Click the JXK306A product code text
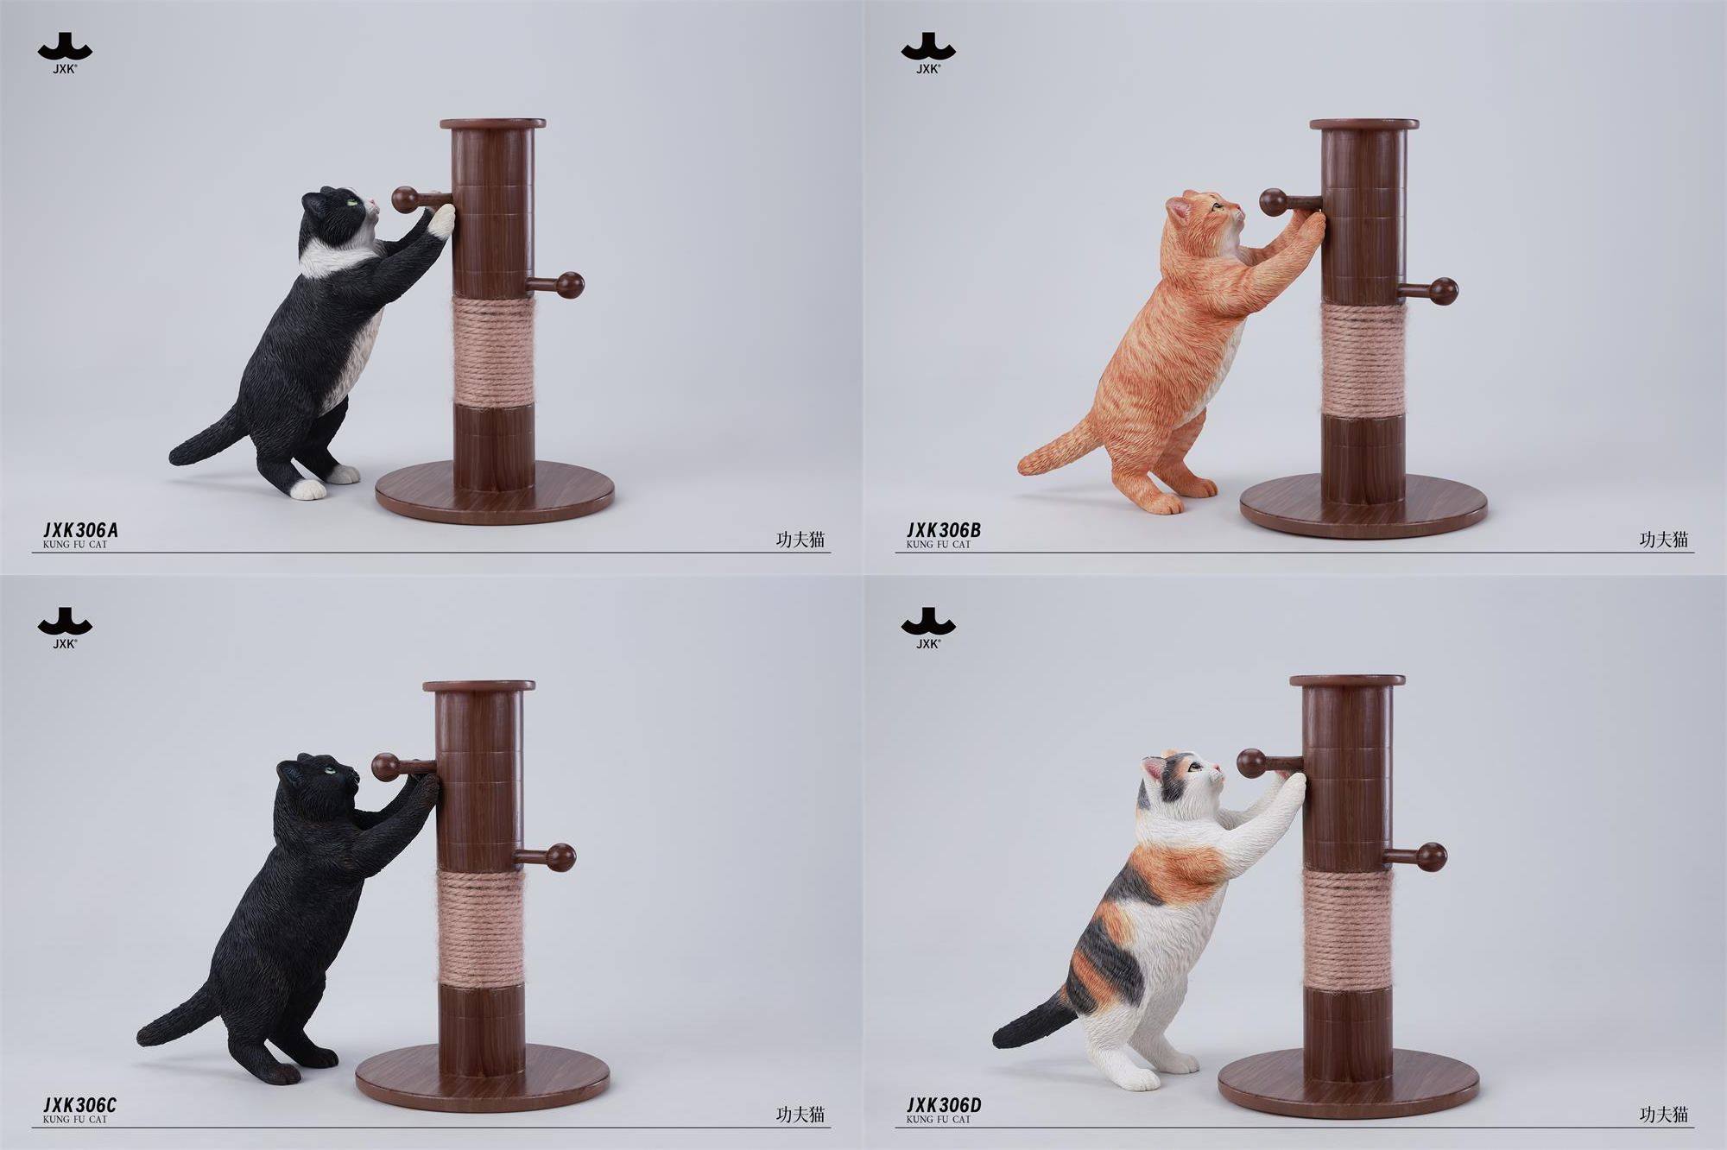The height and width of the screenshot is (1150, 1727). click(79, 531)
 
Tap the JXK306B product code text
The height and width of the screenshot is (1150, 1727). click(943, 531)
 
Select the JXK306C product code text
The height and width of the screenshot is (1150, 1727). click(79, 1106)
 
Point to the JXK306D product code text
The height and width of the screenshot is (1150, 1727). click(944, 1106)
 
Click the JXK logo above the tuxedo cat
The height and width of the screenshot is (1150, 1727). click(65, 53)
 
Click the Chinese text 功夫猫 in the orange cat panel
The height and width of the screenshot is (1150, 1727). click(1663, 540)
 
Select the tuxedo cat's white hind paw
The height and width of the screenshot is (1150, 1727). click(307, 490)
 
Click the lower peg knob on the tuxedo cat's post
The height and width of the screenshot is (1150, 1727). click(570, 284)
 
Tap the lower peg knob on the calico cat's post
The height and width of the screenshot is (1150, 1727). click(1433, 856)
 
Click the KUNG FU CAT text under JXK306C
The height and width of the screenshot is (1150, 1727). click(74, 1119)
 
